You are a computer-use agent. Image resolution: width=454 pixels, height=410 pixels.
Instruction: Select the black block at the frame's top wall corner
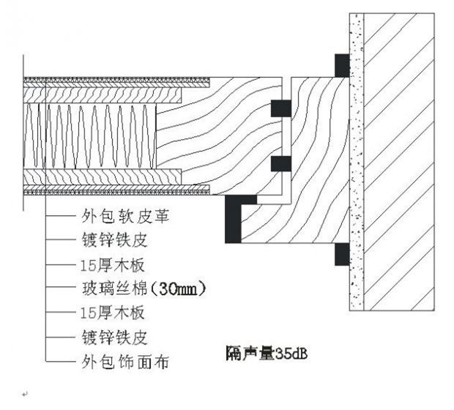(342, 65)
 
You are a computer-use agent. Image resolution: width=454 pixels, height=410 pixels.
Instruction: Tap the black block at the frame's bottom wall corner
(342, 254)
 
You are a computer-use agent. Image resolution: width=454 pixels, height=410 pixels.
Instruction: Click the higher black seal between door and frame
(281, 108)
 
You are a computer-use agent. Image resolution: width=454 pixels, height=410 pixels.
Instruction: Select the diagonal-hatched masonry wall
(403, 161)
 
